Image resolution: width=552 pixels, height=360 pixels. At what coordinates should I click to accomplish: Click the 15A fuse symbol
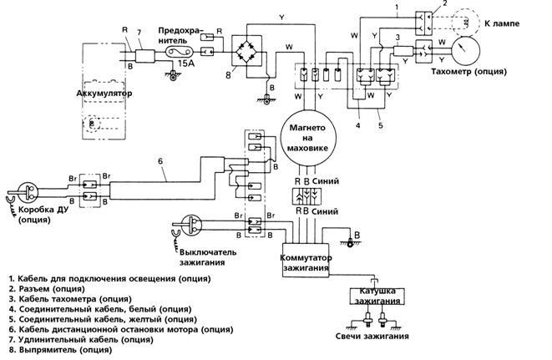180,52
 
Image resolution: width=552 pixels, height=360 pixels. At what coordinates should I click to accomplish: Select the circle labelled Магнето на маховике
307,138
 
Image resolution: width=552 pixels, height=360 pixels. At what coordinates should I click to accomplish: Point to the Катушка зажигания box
377,297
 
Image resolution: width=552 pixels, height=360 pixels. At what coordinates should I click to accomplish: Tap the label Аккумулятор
104,94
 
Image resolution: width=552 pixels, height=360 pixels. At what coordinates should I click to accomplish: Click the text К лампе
502,23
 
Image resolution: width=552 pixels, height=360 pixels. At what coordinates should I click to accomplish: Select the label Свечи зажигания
372,336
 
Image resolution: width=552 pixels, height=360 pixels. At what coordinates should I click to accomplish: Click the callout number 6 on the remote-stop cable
160,161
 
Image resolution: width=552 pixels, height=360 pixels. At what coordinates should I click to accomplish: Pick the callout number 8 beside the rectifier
228,75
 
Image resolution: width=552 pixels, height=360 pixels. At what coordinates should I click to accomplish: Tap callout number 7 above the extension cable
139,32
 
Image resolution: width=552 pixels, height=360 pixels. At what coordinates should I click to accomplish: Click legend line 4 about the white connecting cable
100,309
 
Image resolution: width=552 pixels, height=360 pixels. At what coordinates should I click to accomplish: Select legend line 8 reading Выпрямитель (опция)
61,350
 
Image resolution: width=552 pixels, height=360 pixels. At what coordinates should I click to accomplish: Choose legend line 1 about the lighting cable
110,279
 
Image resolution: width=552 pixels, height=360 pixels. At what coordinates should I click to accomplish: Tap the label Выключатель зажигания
208,257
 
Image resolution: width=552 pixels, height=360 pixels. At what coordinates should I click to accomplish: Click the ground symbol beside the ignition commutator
350,243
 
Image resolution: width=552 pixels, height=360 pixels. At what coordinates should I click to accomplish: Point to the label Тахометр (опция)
469,72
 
